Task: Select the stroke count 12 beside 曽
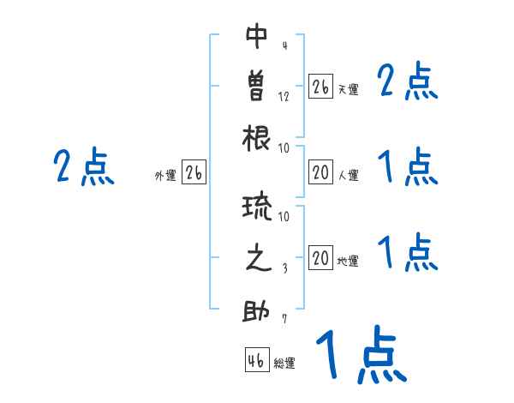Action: pyautogui.click(x=284, y=97)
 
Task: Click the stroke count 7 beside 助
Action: pyautogui.click(x=284, y=320)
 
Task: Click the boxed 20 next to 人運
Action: pyautogui.click(x=321, y=172)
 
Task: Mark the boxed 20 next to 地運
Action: pyautogui.click(x=321, y=258)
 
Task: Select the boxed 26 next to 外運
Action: pyautogui.click(x=194, y=172)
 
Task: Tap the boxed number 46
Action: pyautogui.click(x=256, y=361)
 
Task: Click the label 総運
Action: pyautogui.click(x=284, y=364)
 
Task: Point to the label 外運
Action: pyautogui.click(x=165, y=175)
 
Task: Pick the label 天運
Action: pyautogui.click(x=348, y=88)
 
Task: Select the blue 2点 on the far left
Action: pyautogui.click(x=83, y=166)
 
